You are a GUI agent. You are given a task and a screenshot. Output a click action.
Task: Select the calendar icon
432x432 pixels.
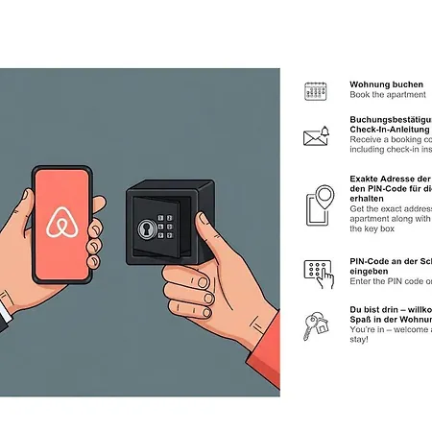coord(316,91)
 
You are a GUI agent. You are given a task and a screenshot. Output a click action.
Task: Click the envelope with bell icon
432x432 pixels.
coord(316,136)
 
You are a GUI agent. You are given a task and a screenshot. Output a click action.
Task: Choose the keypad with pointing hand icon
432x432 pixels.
coord(317,272)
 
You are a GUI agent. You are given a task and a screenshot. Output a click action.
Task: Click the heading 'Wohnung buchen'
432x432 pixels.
coord(386,84)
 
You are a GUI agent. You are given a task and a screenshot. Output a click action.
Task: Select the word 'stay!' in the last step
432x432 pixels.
coord(361,339)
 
